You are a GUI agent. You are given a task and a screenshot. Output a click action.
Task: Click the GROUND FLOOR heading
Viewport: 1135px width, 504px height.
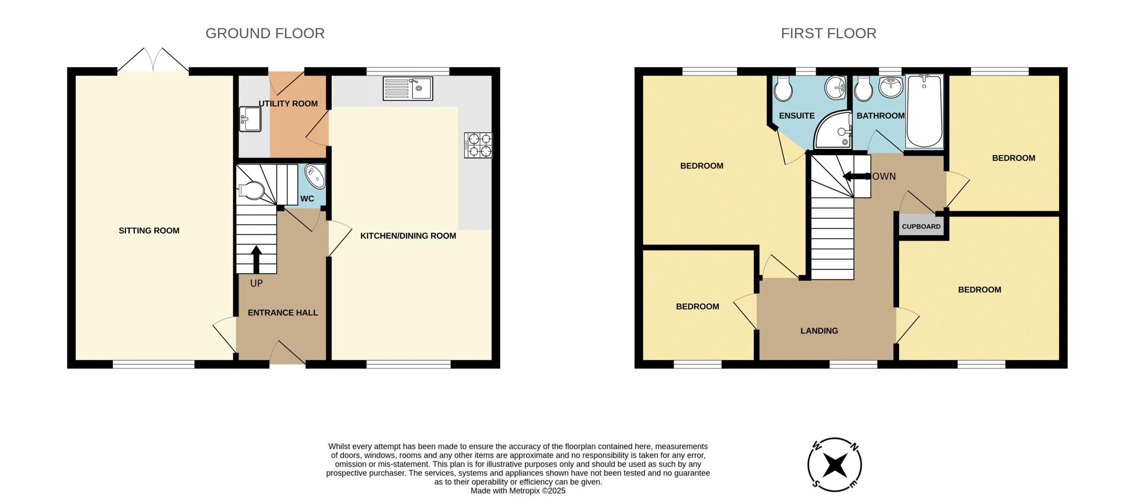(x=265, y=33)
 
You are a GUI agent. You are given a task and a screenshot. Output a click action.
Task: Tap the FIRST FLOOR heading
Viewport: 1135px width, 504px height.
(x=828, y=33)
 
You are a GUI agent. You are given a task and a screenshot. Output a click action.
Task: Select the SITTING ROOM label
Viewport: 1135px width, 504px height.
(x=149, y=231)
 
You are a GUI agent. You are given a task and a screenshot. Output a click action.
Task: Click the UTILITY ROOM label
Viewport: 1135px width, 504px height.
(x=288, y=104)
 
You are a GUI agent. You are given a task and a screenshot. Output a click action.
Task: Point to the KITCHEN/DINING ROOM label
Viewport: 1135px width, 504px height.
(x=408, y=236)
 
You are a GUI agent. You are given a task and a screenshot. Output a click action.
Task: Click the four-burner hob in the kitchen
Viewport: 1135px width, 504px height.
(x=478, y=145)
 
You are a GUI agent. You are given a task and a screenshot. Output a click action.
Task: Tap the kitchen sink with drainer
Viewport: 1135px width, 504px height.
(x=408, y=89)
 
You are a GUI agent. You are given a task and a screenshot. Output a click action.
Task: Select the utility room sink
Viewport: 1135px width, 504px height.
(x=250, y=119)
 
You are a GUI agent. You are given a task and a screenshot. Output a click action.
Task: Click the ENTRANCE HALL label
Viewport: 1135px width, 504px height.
(x=283, y=313)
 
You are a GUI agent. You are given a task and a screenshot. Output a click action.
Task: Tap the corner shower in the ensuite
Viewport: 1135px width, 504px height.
(x=833, y=130)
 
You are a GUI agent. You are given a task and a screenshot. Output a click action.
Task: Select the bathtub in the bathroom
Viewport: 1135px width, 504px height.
(x=924, y=111)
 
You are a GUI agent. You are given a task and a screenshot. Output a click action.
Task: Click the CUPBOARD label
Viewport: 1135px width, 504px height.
(x=921, y=227)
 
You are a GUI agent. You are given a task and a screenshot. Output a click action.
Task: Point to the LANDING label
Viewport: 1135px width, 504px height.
(x=819, y=331)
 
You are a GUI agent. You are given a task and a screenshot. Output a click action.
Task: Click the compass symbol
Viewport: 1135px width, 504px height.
(x=834, y=465)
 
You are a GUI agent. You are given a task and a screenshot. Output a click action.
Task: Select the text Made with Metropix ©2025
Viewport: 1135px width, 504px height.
(x=518, y=491)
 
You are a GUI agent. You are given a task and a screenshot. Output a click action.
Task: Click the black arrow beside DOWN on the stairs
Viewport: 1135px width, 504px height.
(x=856, y=176)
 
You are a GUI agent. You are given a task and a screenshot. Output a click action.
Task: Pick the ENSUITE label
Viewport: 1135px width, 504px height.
(x=797, y=116)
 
